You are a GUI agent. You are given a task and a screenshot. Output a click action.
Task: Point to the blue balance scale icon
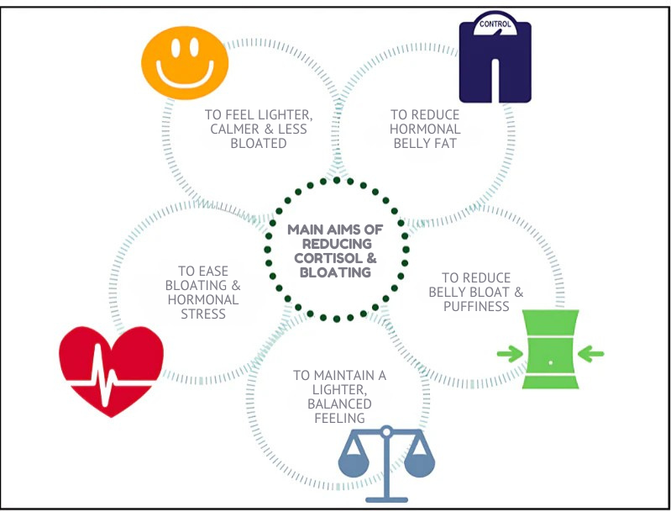coord(385,462)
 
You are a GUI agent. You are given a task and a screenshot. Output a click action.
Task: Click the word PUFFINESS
coord(478,306)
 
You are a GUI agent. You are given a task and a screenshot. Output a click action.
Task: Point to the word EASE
coord(215,272)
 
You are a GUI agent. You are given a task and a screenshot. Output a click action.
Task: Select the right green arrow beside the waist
coord(591,350)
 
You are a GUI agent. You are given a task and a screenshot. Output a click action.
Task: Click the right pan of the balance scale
coord(419,465)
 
